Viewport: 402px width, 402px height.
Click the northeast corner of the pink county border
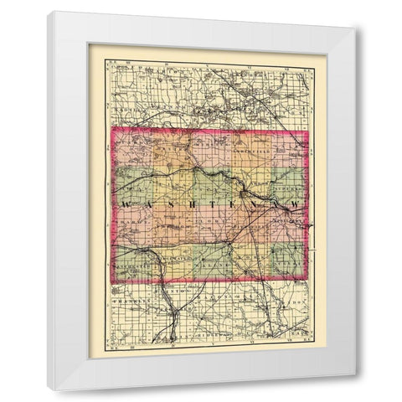pos(307,132)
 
